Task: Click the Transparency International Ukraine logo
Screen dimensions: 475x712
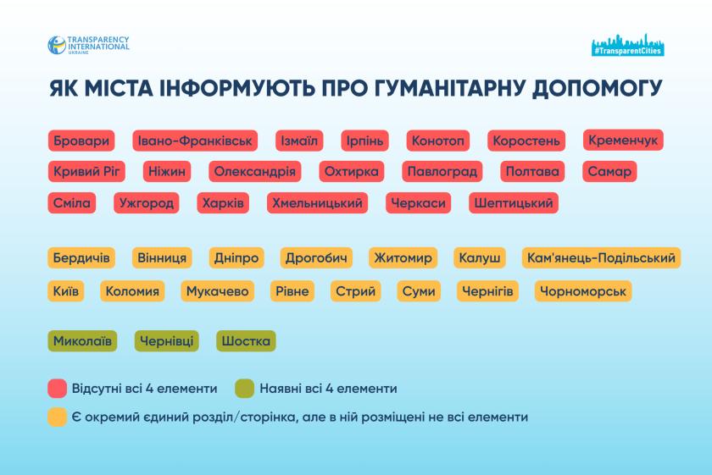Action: coord(88,45)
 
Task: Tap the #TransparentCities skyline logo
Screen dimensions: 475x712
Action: coord(628,46)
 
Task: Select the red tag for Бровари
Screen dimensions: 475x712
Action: coord(81,141)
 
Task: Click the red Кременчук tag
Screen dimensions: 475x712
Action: coord(623,140)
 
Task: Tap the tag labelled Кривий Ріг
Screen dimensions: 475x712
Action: coord(88,172)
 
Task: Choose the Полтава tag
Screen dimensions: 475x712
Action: coord(531,172)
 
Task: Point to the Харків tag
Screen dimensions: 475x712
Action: coord(223,203)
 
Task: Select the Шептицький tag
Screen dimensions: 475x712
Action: coord(514,203)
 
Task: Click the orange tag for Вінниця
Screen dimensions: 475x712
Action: coord(160,257)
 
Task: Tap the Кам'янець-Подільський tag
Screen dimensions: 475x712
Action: coord(601,257)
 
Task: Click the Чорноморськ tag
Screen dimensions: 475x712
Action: coord(583,291)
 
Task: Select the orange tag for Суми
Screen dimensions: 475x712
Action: coord(419,291)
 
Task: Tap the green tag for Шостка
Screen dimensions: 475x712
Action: coord(246,341)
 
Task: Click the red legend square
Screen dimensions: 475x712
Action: coord(58,389)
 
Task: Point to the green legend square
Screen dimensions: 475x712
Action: coord(244,389)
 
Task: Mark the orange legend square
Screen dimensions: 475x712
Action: coord(58,417)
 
